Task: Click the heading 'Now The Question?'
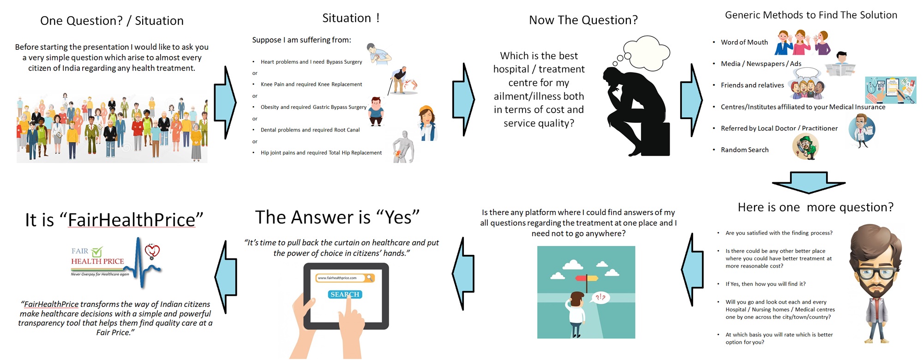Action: click(583, 20)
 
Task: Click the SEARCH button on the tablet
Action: click(345, 294)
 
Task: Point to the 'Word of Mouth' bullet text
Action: click(744, 42)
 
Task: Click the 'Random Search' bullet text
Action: click(745, 150)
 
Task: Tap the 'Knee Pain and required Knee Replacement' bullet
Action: click(312, 84)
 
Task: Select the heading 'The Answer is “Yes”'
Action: click(337, 217)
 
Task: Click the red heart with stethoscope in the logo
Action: click(152, 252)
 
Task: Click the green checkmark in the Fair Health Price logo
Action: click(97, 252)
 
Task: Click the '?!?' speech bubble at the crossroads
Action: click(600, 298)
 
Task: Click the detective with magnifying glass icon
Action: click(806, 147)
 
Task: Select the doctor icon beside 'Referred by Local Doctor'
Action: click(862, 131)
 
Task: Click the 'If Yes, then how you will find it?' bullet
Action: click(766, 284)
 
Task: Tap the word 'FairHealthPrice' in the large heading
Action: click(132, 220)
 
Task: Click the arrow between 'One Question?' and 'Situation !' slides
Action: click(226, 102)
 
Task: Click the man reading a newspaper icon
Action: click(840, 65)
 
